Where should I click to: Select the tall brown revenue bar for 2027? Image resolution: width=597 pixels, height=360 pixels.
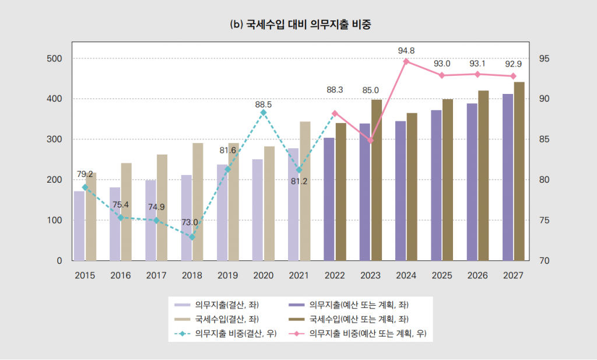519,172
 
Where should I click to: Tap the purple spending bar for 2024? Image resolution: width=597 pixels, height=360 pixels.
401,191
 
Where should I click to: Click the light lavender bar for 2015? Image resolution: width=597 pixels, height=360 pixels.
79,226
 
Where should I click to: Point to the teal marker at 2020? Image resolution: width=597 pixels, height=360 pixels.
263,113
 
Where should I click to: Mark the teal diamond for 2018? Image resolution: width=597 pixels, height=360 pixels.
192,237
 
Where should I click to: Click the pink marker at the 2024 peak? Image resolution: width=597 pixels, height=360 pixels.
406,61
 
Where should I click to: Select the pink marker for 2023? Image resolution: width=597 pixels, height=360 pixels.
370,140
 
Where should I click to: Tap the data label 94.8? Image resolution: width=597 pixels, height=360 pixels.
406,50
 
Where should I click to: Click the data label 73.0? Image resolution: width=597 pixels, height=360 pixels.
189,222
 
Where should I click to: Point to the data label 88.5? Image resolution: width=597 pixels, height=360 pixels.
264,104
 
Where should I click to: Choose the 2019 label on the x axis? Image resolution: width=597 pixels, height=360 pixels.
227,275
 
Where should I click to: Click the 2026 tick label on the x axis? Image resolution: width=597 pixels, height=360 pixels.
477,275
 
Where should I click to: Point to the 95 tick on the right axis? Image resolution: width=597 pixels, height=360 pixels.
544,59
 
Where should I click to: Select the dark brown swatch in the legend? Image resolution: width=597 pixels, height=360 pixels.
297,319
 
